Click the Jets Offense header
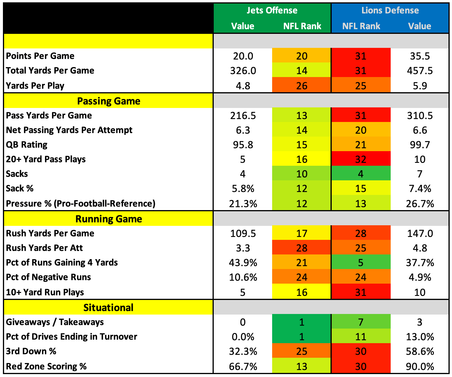272,11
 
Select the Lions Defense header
390,11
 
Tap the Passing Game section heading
109,101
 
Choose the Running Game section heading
109,219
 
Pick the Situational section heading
108,308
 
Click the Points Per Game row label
40,56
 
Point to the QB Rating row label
26,145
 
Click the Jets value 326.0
243,71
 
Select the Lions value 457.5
420,71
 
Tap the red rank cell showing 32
361,159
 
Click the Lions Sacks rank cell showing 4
361,174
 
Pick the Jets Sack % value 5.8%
243,188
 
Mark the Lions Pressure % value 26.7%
420,204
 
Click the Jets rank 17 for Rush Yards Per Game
302,233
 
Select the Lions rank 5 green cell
361,263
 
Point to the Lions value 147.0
420,233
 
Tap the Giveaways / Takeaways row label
55,322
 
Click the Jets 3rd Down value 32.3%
243,352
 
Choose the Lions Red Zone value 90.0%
420,366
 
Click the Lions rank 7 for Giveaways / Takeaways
361,322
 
